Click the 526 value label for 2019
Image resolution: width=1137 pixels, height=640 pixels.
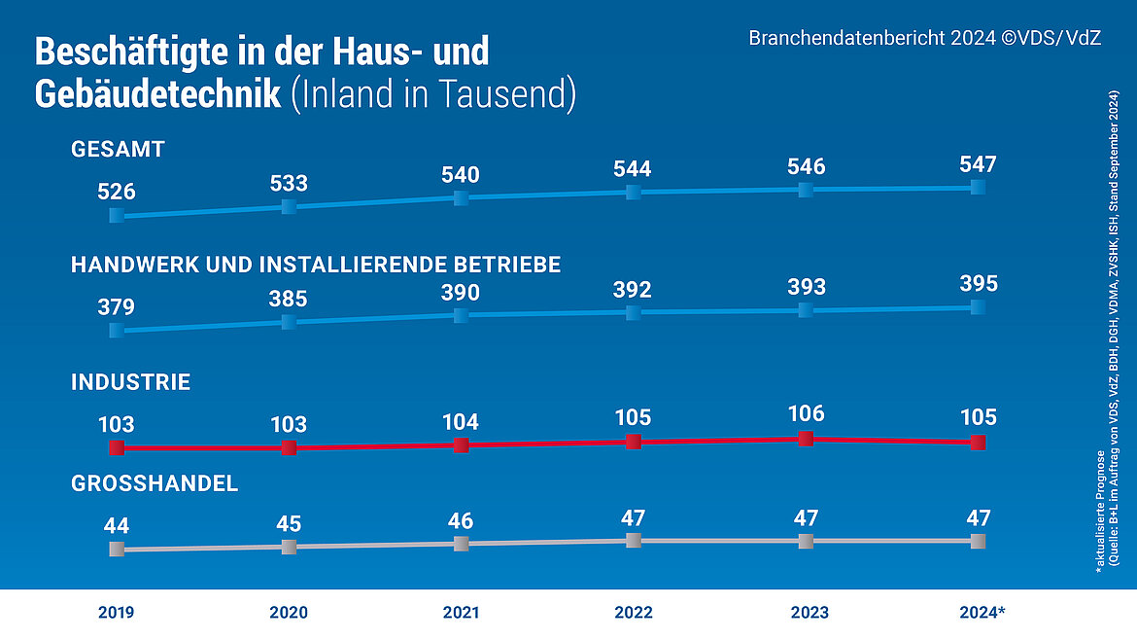coord(117,192)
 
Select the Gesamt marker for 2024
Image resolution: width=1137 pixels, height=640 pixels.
coord(978,187)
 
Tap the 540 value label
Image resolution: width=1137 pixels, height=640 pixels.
coord(461,175)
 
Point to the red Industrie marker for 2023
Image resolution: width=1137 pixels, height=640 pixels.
coord(806,439)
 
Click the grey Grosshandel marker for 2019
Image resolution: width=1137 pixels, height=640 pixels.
coord(117,550)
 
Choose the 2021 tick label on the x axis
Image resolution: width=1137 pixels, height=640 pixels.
coord(461,613)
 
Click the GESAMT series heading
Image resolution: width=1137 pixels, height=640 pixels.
coord(118,150)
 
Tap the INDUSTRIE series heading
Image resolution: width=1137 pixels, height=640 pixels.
coord(130,383)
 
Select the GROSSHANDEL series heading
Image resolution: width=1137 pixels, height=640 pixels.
coord(155,484)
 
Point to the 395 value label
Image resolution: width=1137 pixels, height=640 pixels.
coord(978,284)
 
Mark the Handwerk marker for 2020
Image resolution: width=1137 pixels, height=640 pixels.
coord(289,321)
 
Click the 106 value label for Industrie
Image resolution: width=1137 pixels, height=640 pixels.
coord(806,414)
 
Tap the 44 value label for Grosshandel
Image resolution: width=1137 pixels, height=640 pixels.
coord(117,526)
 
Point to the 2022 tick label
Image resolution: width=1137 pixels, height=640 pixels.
coord(634,613)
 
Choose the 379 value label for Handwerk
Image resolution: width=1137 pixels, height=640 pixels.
coord(117,307)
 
